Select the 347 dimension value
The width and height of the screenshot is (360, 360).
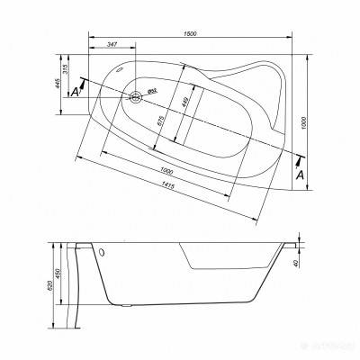click(111, 44)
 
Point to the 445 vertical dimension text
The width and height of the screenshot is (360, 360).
click(57, 84)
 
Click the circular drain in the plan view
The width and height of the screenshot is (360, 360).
click(137, 98)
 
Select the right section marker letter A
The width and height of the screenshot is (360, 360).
click(301, 174)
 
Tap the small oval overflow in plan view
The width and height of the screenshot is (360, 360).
click(122, 68)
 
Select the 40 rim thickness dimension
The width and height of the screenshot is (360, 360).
click(305, 264)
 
